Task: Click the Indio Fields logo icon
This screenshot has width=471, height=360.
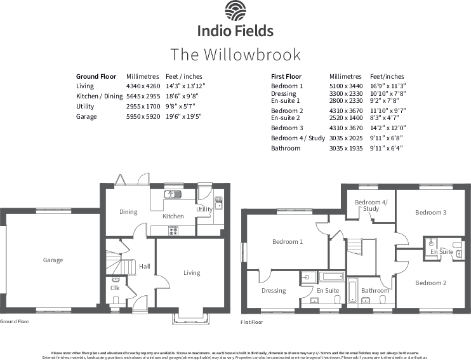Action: click(x=235, y=12)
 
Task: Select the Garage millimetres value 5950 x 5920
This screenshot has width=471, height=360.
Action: click(x=143, y=117)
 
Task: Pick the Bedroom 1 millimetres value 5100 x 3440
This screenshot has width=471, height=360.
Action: click(x=346, y=86)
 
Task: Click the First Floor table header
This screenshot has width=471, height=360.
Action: click(x=286, y=76)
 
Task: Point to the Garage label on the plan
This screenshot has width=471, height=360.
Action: click(x=53, y=260)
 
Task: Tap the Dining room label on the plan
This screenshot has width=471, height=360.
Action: click(x=128, y=212)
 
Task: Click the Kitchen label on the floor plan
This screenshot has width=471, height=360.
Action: click(x=173, y=217)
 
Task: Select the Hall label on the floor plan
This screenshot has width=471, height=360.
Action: click(x=144, y=267)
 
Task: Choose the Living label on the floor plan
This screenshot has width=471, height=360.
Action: click(x=192, y=273)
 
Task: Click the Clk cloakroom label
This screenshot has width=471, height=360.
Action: click(x=115, y=288)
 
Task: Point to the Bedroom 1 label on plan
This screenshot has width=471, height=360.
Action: click(x=287, y=242)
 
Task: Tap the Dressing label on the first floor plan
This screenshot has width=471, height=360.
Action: click(x=274, y=291)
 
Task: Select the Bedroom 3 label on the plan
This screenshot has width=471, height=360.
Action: click(x=431, y=213)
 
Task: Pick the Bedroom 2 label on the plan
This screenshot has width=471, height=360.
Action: click(x=431, y=283)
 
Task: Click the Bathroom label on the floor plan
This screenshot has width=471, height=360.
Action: click(x=375, y=291)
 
